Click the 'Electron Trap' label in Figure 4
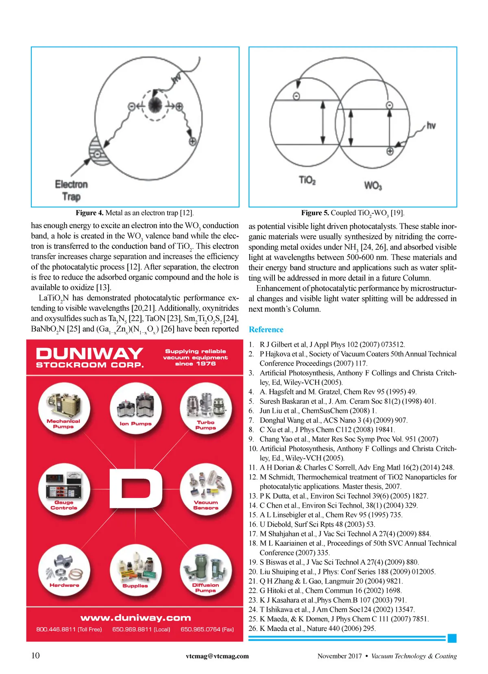pos(71,190)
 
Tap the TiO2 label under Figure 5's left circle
pos(307,180)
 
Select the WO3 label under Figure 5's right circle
pos(373,185)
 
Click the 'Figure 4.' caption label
pos(89,213)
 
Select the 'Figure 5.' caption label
pos(315,213)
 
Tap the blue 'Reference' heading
pos(266,329)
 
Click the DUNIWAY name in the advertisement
pos(89,353)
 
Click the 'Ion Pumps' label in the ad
pos(135,423)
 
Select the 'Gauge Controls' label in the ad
pos(64,505)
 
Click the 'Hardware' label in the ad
pos(64,585)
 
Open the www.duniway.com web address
pos(135,618)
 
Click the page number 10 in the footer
pos(36,655)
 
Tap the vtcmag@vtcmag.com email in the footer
pos(217,656)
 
